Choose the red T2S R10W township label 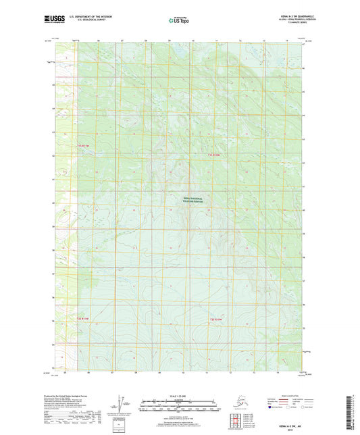pos(215,318)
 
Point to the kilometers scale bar pos(180,401)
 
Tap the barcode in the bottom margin pos(353,413)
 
